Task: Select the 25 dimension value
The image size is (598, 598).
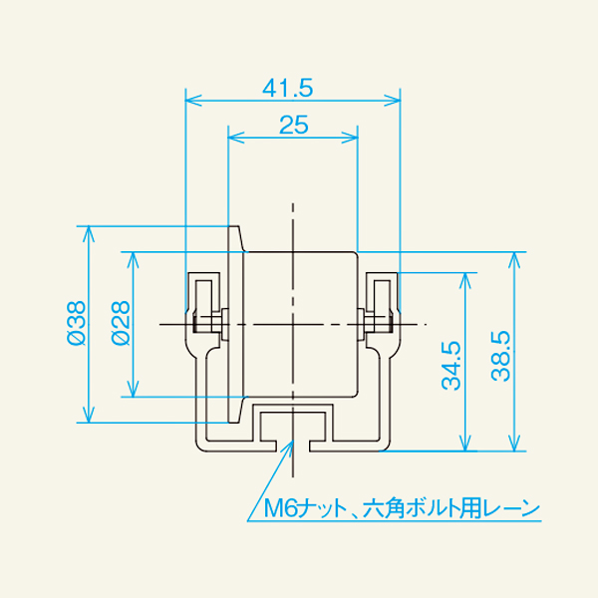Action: [293, 125]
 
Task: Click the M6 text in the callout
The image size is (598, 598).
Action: [282, 509]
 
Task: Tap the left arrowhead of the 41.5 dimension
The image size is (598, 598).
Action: [191, 101]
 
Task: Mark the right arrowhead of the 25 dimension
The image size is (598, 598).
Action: [351, 138]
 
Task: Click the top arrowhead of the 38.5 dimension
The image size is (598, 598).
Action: [514, 256]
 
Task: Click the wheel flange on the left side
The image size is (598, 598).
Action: [237, 324]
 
